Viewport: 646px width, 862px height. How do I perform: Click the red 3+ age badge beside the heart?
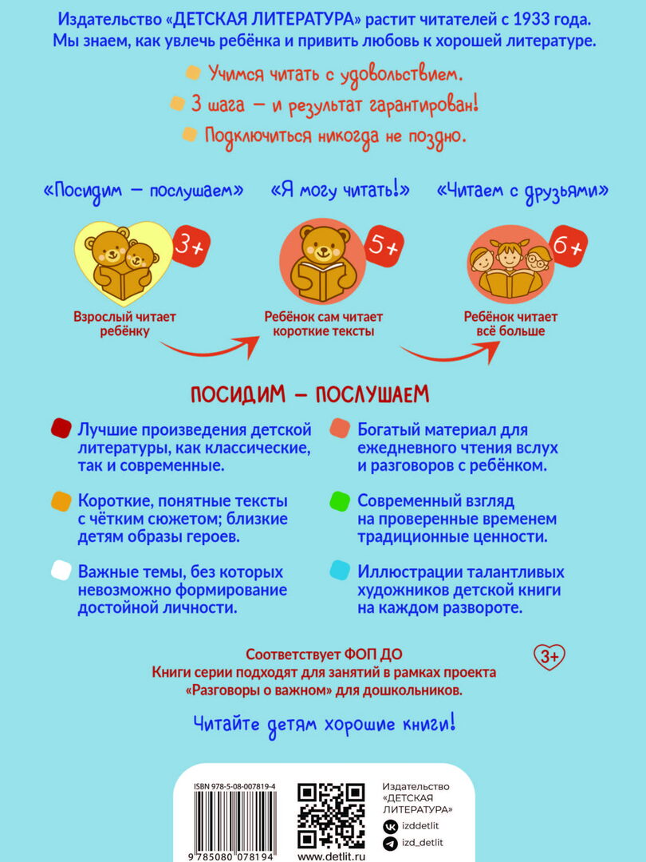(x=191, y=247)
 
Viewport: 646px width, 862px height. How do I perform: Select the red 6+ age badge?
(x=568, y=246)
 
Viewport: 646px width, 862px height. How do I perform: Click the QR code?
(x=331, y=816)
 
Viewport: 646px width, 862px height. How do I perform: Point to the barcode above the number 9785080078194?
(x=235, y=820)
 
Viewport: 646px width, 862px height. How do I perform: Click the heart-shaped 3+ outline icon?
(x=549, y=656)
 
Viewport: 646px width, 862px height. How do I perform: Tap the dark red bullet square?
(x=61, y=429)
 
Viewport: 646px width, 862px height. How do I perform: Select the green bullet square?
(x=340, y=501)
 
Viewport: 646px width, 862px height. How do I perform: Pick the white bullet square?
(x=61, y=571)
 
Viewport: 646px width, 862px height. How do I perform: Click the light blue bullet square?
(x=340, y=571)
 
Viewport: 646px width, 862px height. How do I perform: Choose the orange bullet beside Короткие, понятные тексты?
(x=61, y=501)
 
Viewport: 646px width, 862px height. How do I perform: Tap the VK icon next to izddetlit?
(x=391, y=826)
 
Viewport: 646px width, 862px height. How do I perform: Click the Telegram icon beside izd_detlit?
(x=391, y=844)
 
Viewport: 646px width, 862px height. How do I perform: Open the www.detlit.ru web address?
(x=331, y=856)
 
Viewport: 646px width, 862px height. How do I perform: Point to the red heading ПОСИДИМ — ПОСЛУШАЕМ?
(x=309, y=395)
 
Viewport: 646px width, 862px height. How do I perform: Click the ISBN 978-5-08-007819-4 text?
(x=234, y=787)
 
